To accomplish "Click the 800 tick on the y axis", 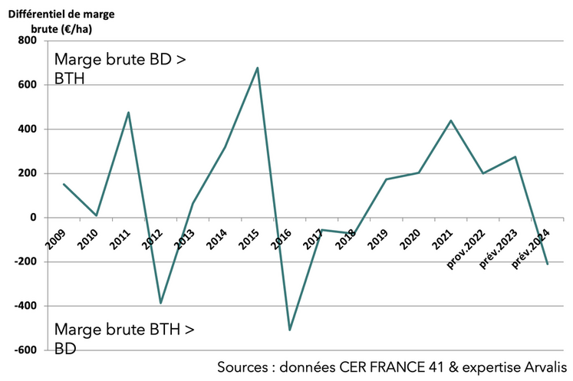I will (x=35, y=41).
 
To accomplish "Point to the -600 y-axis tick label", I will (x=33, y=350).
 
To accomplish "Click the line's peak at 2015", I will (x=257, y=67).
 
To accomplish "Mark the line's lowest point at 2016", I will (x=290, y=330).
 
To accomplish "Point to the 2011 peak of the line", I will (x=128, y=113).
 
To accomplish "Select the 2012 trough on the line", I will (x=160, y=303).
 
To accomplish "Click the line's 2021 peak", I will (x=451, y=120).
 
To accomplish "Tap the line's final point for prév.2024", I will (x=548, y=264).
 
